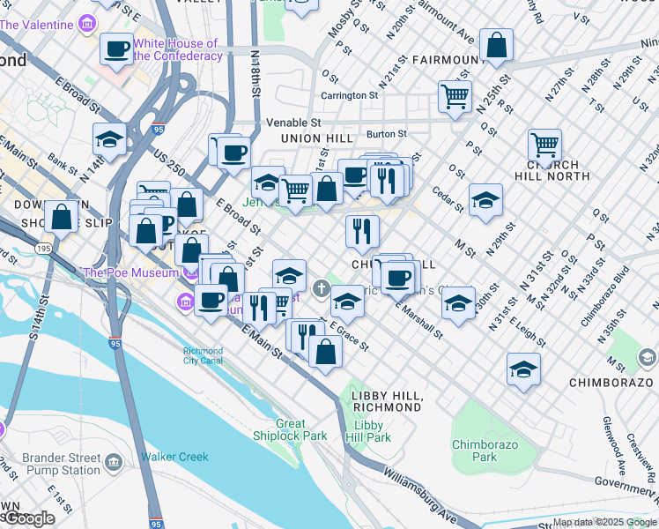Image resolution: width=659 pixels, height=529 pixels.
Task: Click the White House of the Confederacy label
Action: [177, 49]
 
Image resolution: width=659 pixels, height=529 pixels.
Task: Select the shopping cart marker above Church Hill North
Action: [544, 145]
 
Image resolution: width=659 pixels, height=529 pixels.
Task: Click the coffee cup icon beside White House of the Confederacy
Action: [116, 49]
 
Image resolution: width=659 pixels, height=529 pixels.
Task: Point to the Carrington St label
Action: [349, 95]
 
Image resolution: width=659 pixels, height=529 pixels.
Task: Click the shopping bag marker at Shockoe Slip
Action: [61, 216]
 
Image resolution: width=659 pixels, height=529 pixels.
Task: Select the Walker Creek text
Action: [174, 457]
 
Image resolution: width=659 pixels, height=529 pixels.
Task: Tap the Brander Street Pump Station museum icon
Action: [114, 462]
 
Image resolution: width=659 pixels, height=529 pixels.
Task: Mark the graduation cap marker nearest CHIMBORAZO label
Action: [523, 369]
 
